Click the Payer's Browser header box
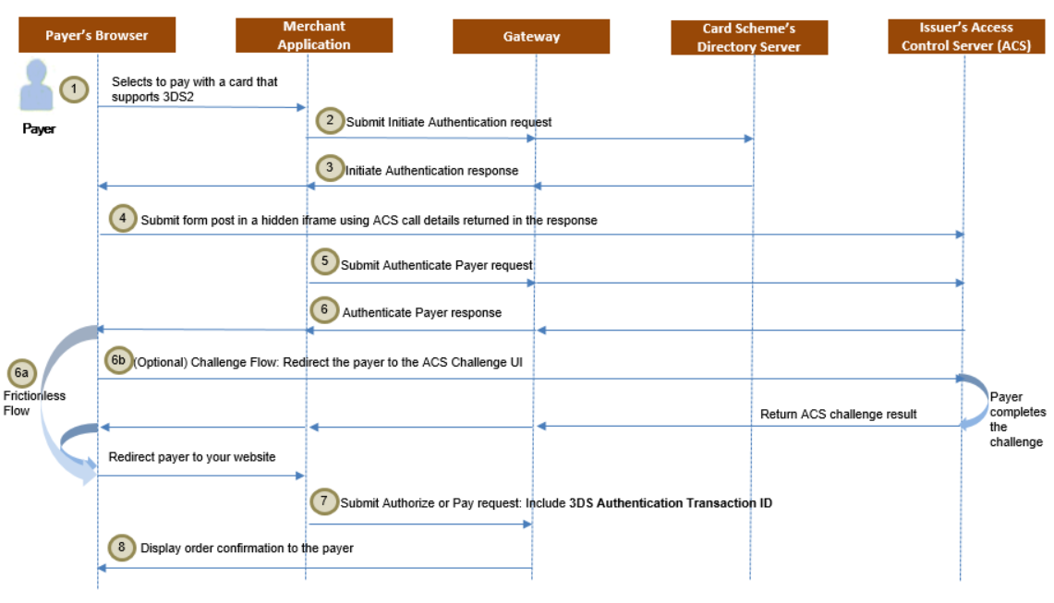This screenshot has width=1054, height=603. pos(97,36)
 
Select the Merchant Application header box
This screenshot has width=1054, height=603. pos(314,36)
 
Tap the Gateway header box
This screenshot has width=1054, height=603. pos(531,37)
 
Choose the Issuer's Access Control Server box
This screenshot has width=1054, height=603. pos(965,36)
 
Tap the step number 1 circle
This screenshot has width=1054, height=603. pos(74,90)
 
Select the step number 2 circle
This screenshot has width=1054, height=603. pos(329,121)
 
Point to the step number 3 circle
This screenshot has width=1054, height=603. pos(329,169)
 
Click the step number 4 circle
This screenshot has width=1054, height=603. pos(123,219)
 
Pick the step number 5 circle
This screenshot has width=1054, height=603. pos(324,262)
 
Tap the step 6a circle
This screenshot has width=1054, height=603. pos(22,374)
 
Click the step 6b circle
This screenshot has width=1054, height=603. pos(117,361)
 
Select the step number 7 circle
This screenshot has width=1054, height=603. pos(323,501)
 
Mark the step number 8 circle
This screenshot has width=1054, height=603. pos(122,547)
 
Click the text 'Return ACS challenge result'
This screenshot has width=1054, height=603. pos(838,415)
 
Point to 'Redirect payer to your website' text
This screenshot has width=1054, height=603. pos(191,457)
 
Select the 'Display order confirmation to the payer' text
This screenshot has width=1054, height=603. pos(247,548)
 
